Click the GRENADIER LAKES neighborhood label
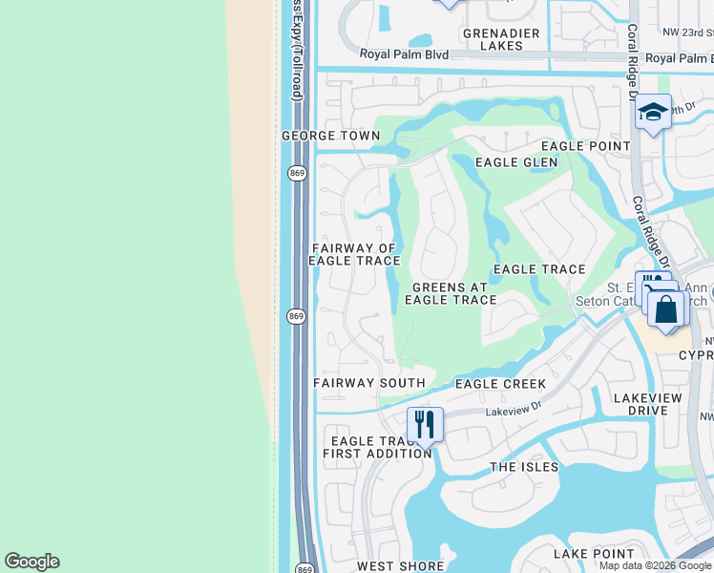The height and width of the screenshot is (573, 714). pyautogui.click(x=501, y=39)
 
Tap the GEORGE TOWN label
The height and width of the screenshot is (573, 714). pyautogui.click(x=331, y=137)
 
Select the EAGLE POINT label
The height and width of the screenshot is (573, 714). pyautogui.click(x=586, y=146)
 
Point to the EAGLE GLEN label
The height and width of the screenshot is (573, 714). pyautogui.click(x=516, y=162)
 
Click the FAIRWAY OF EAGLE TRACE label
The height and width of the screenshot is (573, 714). pyautogui.click(x=353, y=254)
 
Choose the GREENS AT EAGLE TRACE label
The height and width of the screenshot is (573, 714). pyautogui.click(x=451, y=293)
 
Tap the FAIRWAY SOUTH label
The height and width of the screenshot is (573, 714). pyautogui.click(x=369, y=383)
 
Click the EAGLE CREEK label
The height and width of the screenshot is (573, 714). pyautogui.click(x=500, y=384)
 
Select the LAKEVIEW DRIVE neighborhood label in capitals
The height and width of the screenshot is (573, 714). pyautogui.click(x=655, y=404)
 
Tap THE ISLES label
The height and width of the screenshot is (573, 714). pyautogui.click(x=524, y=467)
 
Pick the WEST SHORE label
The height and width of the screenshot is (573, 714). pyautogui.click(x=401, y=566)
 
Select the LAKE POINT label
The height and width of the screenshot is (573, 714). pyautogui.click(x=594, y=554)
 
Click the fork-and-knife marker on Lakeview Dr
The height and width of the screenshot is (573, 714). pyautogui.click(x=425, y=424)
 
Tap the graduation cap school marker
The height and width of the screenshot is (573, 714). pyautogui.click(x=654, y=113)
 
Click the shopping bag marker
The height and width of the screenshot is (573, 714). pyautogui.click(x=667, y=309)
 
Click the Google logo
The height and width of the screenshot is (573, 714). pyautogui.click(x=31, y=562)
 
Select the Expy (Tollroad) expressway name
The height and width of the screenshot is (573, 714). pyautogui.click(x=297, y=53)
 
